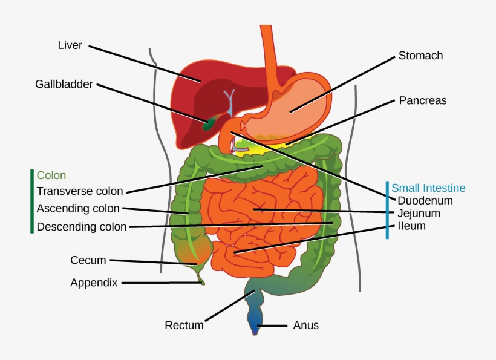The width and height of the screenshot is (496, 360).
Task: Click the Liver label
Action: [70, 45]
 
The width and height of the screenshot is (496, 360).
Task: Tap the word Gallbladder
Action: [64, 84]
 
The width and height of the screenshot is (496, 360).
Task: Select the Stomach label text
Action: [420, 56]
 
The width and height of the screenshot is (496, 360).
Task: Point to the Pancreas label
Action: [422, 100]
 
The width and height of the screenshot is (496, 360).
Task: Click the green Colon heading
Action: [51, 175]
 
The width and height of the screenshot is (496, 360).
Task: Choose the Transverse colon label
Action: [80, 191]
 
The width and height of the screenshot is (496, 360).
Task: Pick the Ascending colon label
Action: [78, 209]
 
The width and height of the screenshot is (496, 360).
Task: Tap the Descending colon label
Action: [82, 227]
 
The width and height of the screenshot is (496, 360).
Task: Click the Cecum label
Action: [88, 260]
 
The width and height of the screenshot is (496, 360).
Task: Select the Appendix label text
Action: [94, 282]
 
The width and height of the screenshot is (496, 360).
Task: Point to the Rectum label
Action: [184, 326]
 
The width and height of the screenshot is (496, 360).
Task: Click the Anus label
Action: [305, 326]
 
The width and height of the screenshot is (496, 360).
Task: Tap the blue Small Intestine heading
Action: [428, 188]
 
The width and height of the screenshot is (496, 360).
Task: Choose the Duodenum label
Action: [425, 200]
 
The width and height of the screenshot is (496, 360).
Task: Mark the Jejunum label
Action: [419, 213]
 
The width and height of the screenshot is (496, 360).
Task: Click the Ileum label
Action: [411, 226]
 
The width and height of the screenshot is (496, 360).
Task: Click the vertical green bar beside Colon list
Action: [31, 201]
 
